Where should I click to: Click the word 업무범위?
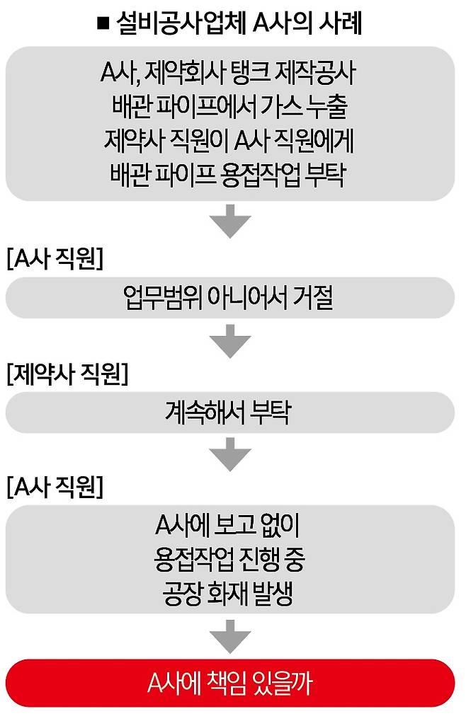[x=161, y=299]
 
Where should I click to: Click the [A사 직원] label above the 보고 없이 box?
[x=55, y=488]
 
